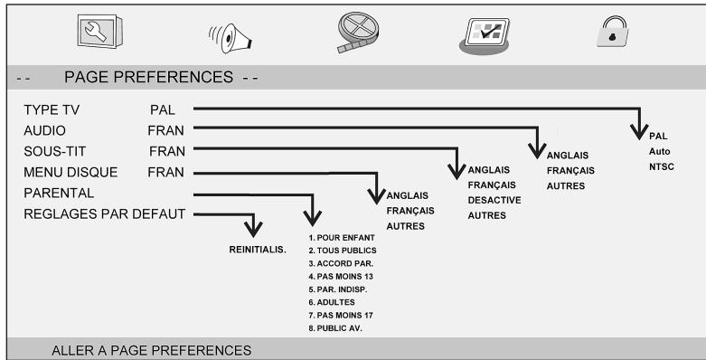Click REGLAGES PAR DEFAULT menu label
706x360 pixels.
(105, 213)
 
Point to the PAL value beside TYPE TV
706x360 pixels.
(164, 110)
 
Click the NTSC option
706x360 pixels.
(662, 167)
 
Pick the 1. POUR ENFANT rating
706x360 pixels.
(343, 237)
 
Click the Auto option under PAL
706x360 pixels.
(659, 152)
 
